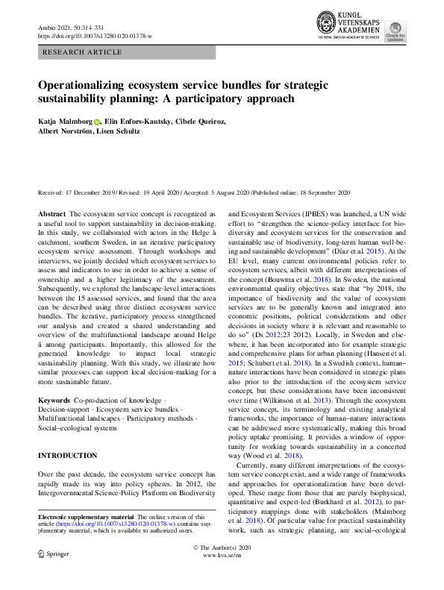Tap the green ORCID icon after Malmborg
click(97, 121)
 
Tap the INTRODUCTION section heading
click(67, 455)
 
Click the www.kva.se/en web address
click(222, 577)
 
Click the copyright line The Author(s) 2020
click(222, 568)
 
